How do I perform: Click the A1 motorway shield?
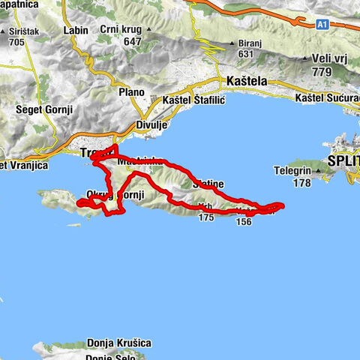tap(322, 25)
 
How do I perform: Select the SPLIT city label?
tap(343, 162)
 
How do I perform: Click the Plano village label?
tap(131, 91)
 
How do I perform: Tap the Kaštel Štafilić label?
tap(193, 100)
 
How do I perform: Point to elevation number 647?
tap(132, 42)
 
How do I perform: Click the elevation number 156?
tap(243, 221)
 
